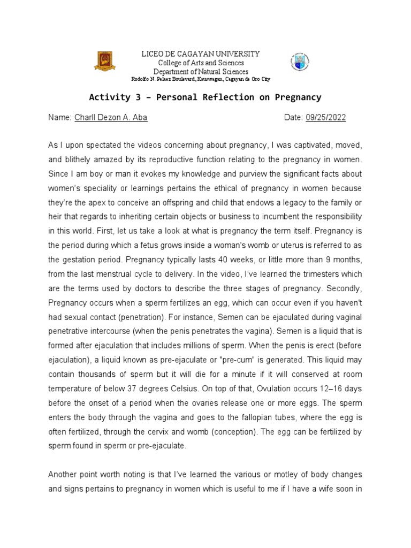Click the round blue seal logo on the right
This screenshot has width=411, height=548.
point(300,62)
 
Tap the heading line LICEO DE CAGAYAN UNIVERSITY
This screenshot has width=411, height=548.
point(200,54)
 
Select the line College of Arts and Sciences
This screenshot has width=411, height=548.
point(200,63)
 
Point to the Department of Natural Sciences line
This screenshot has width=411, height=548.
point(200,72)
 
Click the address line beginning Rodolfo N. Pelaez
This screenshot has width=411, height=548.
point(201,79)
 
